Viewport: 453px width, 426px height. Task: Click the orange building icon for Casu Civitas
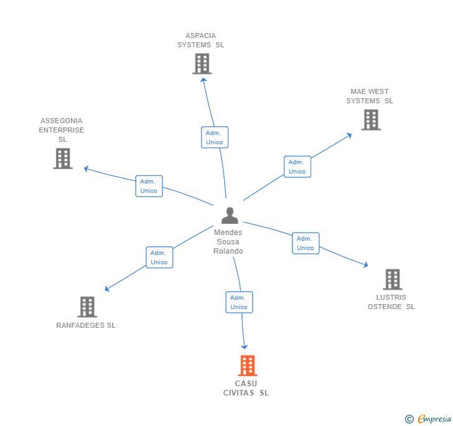(x=248, y=366)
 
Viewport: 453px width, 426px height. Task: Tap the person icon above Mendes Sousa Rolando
(x=230, y=216)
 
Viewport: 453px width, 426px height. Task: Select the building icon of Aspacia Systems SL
(x=202, y=63)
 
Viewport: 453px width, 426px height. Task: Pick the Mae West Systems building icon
(x=371, y=119)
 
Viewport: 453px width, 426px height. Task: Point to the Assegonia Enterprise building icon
(x=63, y=159)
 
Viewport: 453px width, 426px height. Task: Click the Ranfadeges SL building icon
(x=87, y=307)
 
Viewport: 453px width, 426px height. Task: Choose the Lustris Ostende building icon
(x=392, y=280)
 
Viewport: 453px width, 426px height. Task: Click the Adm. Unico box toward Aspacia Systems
(x=215, y=137)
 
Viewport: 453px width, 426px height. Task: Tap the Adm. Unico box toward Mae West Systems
(x=297, y=167)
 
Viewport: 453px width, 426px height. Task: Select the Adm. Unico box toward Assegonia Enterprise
(x=149, y=186)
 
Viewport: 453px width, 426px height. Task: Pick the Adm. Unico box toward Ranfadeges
(x=159, y=257)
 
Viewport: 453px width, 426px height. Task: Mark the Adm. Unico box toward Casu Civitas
(x=239, y=302)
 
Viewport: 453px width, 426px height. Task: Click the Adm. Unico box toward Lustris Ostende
(x=306, y=243)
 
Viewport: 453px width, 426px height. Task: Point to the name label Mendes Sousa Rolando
(x=228, y=242)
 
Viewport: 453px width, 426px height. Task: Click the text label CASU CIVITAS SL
(x=246, y=388)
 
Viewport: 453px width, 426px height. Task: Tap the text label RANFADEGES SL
(x=86, y=325)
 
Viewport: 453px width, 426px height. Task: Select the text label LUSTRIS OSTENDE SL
(x=391, y=302)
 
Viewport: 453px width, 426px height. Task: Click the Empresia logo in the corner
(x=429, y=419)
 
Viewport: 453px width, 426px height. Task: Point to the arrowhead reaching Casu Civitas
(x=245, y=346)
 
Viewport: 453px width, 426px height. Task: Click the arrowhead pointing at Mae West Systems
(x=349, y=134)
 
